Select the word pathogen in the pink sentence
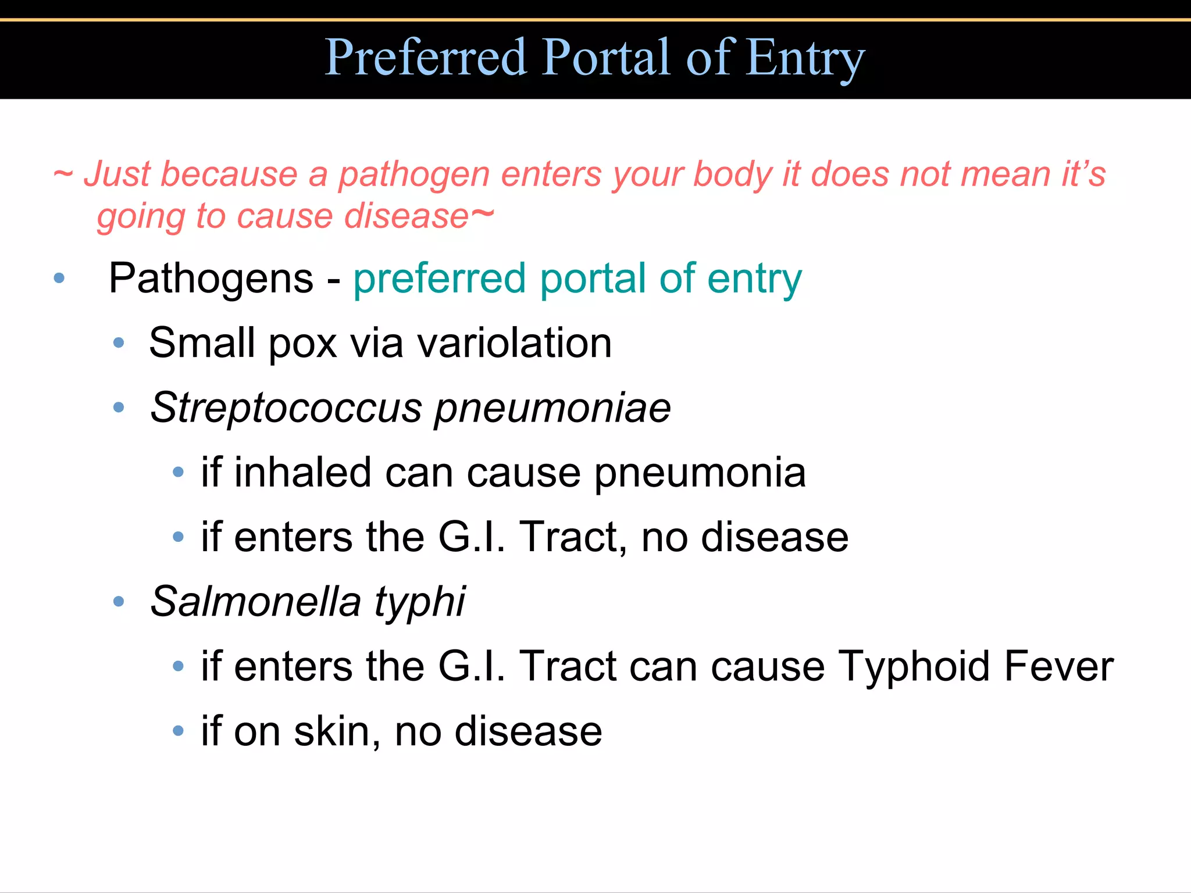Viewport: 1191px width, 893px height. click(414, 175)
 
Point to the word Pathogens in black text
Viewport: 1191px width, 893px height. click(211, 278)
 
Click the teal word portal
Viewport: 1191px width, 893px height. click(593, 280)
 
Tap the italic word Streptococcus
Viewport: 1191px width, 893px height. click(286, 408)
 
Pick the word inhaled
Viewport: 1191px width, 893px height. click(302, 473)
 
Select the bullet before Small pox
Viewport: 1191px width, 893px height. click(119, 343)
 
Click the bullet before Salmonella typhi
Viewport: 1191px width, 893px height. click(119, 601)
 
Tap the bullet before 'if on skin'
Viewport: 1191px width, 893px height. click(178, 731)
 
